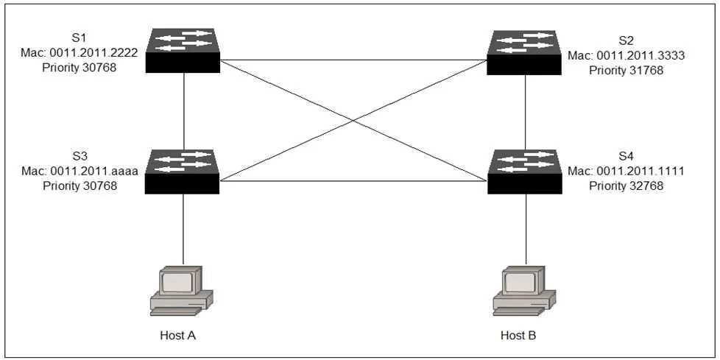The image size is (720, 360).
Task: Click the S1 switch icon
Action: point(183,51)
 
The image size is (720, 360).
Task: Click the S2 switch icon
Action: point(524,52)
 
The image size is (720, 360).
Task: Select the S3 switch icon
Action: point(182,172)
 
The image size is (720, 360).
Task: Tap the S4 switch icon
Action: point(525,172)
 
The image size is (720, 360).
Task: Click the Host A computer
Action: point(182,290)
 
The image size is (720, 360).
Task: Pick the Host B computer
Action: point(524,290)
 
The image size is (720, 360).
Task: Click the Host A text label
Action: point(178,336)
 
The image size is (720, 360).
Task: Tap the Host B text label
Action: point(518,336)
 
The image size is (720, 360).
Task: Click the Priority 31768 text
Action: point(627,71)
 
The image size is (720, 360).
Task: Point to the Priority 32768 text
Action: point(627,186)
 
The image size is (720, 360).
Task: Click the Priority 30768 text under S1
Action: point(80,68)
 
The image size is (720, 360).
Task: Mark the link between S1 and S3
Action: point(183,111)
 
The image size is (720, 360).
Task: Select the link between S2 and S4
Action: point(526,113)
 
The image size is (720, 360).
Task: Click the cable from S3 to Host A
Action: point(183,229)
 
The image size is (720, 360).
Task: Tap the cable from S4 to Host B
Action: point(526,229)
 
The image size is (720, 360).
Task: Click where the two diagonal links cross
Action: point(353,121)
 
